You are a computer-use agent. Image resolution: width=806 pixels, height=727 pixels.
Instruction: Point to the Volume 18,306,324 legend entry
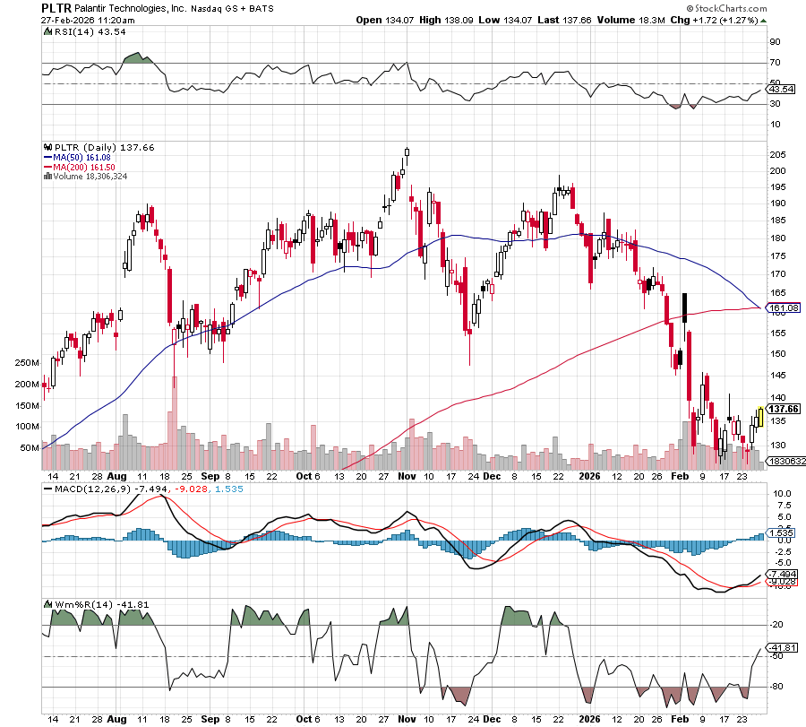90,177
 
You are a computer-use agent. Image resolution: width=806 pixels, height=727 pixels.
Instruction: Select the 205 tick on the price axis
779,154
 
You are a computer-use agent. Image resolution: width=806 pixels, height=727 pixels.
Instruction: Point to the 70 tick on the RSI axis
776,63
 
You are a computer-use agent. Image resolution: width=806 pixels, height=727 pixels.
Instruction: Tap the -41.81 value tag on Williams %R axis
783,647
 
